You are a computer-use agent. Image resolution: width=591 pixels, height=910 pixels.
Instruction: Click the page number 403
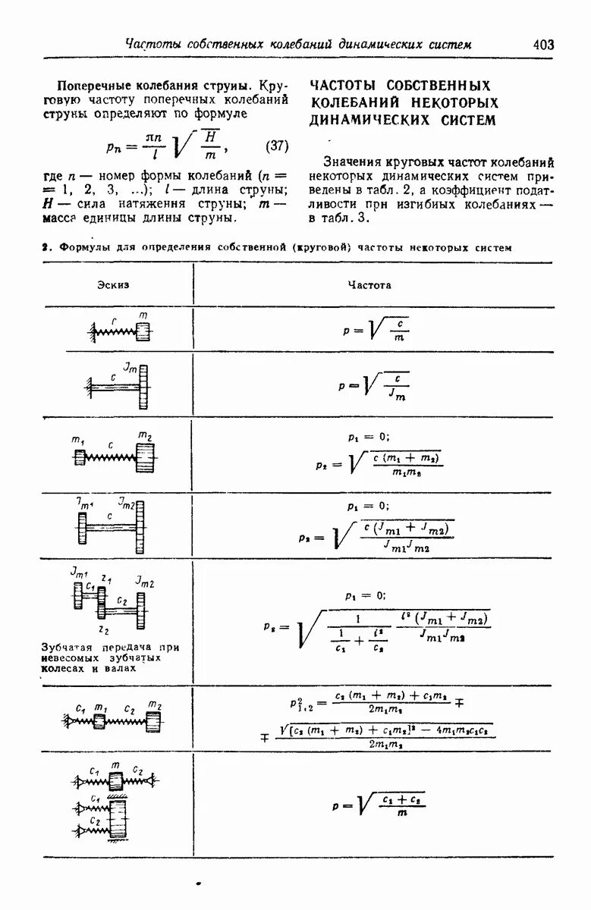[543, 45]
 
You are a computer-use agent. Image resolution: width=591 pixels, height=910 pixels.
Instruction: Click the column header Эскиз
[113, 284]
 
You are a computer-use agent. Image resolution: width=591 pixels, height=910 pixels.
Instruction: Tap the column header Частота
[369, 284]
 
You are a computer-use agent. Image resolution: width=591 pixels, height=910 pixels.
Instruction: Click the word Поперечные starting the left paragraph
[96, 84]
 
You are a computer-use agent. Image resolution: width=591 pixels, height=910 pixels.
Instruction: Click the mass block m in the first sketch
[143, 331]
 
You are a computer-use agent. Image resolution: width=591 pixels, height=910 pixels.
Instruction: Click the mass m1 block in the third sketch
[80, 457]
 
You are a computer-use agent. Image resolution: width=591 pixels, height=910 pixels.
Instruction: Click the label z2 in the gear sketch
[103, 629]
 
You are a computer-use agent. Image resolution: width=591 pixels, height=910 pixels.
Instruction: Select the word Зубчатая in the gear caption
[71, 647]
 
